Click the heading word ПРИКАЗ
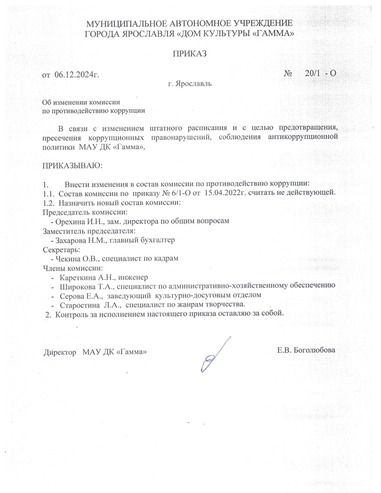(190, 54)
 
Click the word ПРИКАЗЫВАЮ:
(72, 164)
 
